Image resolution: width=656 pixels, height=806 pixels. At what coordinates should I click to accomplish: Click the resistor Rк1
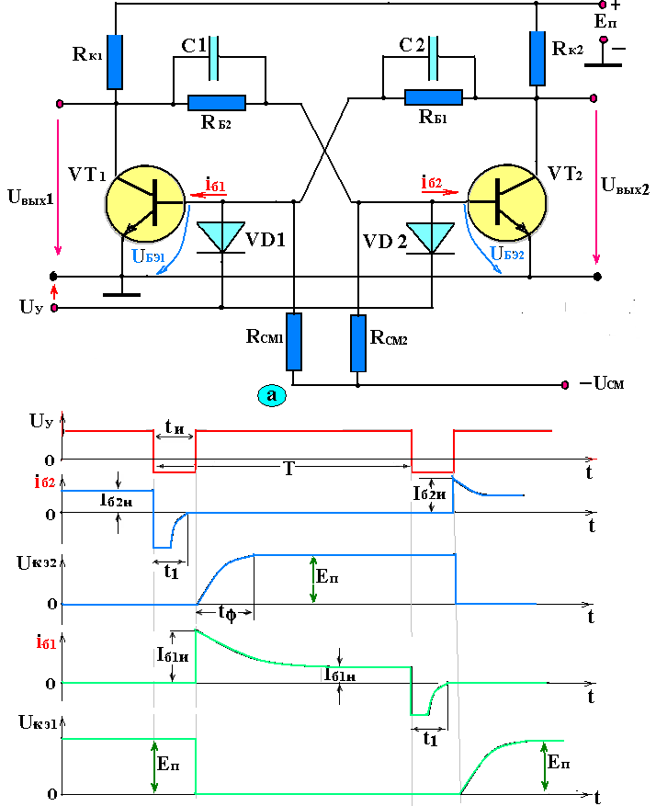(x=115, y=62)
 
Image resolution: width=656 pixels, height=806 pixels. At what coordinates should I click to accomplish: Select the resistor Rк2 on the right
(x=537, y=58)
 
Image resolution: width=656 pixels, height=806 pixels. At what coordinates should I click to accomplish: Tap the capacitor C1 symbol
(x=214, y=59)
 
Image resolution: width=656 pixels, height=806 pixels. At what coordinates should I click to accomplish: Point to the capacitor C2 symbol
(x=433, y=59)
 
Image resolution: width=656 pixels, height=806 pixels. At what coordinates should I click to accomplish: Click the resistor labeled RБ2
(x=217, y=103)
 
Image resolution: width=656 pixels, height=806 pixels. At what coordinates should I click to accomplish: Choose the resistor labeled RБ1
(x=434, y=97)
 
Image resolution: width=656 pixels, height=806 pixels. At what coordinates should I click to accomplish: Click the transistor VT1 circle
(x=145, y=203)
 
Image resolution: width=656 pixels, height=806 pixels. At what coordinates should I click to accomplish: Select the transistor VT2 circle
(x=507, y=202)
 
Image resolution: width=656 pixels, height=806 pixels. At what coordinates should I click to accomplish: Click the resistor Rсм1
(x=294, y=342)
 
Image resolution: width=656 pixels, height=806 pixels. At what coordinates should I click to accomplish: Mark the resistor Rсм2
(x=358, y=343)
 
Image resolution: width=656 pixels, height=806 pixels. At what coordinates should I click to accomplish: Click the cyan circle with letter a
(x=271, y=395)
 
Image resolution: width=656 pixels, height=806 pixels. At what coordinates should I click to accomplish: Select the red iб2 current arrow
(x=440, y=192)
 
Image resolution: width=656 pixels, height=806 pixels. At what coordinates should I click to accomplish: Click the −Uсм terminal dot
(x=565, y=384)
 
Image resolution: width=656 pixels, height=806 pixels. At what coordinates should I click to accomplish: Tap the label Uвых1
(x=31, y=197)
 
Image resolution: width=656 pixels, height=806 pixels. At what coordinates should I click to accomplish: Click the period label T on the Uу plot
(x=289, y=469)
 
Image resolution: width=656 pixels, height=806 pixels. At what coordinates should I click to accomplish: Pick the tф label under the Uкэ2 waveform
(x=227, y=613)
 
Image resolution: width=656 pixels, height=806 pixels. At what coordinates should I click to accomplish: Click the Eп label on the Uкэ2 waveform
(x=327, y=576)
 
